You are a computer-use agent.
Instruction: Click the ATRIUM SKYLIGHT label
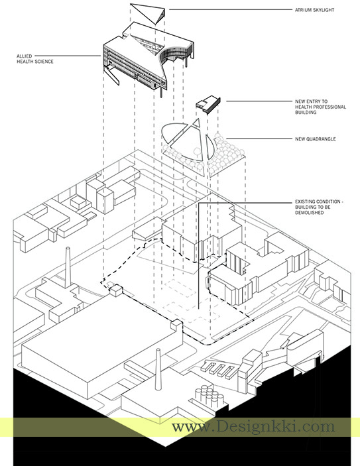pos(314,10)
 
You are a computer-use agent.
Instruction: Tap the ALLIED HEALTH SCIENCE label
pos(34,59)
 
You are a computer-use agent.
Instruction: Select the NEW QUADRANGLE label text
pos(316,139)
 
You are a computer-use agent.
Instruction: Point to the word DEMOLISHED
pos(309,213)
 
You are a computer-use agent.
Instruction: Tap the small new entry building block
pos(208,103)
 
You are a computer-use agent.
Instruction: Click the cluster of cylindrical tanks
pos(210,395)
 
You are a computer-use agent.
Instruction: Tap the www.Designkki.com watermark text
pos(253,427)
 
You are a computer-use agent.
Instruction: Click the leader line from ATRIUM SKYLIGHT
pos(231,10)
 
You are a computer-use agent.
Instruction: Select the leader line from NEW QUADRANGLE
pos(259,139)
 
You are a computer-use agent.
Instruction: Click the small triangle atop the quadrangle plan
pos(196,122)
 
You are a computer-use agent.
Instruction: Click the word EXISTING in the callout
pos(305,202)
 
